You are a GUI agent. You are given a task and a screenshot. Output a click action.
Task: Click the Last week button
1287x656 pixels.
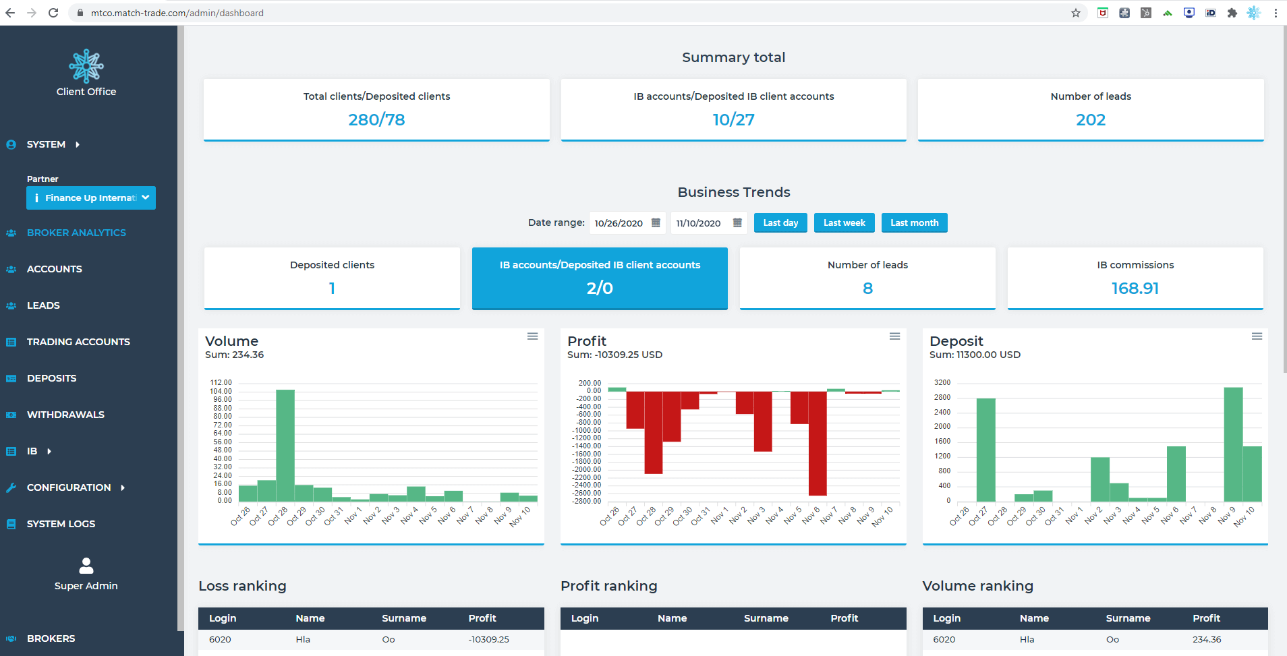[x=844, y=223]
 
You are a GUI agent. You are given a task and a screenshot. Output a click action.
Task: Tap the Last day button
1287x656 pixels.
[x=780, y=223]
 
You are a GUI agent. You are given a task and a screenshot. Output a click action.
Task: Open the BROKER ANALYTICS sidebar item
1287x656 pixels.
[x=76, y=233]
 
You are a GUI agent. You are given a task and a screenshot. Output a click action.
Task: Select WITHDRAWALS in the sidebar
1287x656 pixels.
[x=65, y=415]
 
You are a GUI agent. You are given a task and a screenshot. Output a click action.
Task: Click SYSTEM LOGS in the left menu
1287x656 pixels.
[x=61, y=524]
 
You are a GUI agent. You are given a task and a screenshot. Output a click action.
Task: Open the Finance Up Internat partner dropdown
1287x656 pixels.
[x=91, y=198]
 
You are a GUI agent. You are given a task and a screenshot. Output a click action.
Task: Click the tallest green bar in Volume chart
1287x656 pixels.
[x=285, y=445]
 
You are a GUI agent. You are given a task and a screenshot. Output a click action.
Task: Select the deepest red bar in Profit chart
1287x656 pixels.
[x=818, y=443]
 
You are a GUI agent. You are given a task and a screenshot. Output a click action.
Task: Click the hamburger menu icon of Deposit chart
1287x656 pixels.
[x=1257, y=336]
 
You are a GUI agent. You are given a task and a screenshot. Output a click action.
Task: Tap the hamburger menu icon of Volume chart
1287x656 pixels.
[x=532, y=336]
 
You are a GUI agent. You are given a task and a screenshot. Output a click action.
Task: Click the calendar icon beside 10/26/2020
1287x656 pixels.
[x=656, y=223]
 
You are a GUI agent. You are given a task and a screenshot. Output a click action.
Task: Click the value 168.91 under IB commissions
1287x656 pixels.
[x=1135, y=289]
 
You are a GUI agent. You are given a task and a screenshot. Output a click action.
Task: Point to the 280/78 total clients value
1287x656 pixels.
[x=376, y=120]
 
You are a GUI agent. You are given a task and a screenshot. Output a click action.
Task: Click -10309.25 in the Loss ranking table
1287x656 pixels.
[x=488, y=640]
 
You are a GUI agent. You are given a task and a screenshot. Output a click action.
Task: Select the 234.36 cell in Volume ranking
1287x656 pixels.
[x=1206, y=640]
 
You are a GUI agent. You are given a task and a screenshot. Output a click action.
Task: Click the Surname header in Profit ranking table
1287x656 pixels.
[x=766, y=618]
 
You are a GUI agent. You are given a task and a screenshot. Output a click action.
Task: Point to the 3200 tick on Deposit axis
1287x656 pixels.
[x=942, y=382]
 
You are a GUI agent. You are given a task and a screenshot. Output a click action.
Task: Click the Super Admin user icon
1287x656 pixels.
[x=86, y=565]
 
